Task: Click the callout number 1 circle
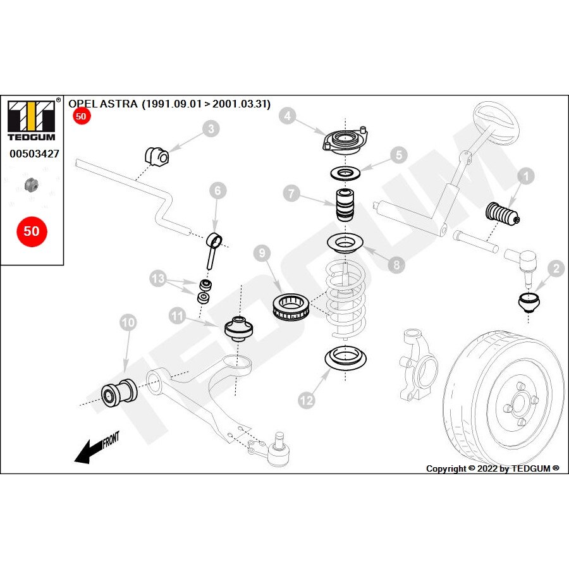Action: (526, 176)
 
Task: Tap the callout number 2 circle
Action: (556, 269)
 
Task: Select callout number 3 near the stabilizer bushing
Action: (211, 129)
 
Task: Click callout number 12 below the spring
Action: (306, 400)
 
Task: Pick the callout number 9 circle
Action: (262, 254)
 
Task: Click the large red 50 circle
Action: (31, 231)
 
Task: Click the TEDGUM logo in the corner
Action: (30, 119)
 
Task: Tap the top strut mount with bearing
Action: (345, 140)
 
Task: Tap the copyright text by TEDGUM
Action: (493, 468)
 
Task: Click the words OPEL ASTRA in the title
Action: (102, 104)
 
